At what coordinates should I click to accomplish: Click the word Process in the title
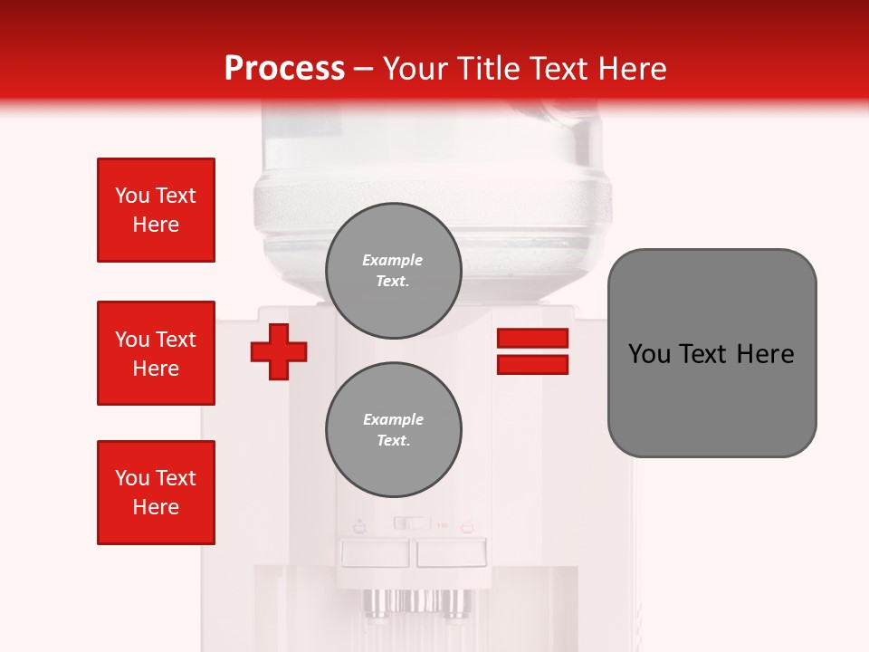click(x=284, y=69)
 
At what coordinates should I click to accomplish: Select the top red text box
click(x=156, y=210)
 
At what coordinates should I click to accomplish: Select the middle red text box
click(x=156, y=353)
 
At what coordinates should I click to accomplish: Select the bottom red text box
click(x=156, y=493)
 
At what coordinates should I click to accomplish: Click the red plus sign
click(x=279, y=351)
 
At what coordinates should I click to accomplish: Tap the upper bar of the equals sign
click(x=532, y=338)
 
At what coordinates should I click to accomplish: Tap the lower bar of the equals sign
click(x=532, y=364)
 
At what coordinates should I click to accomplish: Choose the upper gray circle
click(x=393, y=271)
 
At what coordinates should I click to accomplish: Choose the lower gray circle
click(x=393, y=430)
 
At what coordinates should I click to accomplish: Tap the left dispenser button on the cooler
click(x=375, y=551)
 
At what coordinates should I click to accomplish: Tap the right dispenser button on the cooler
click(x=451, y=551)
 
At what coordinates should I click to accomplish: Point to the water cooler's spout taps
click(x=416, y=600)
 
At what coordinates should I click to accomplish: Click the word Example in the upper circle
click(x=393, y=260)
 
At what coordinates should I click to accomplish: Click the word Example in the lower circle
click(x=393, y=419)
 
